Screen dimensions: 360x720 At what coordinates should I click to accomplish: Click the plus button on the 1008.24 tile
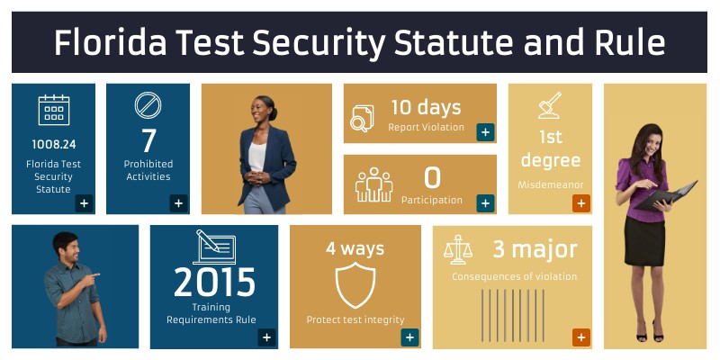84,202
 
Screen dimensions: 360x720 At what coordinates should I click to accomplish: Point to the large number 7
148,141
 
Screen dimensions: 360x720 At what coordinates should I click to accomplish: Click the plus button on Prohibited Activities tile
178,202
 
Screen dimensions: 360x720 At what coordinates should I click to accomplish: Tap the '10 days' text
426,107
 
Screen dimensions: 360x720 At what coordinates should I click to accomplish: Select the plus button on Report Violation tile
485,132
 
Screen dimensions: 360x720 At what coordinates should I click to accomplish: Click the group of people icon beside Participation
373,184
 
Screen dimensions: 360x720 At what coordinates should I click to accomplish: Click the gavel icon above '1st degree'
550,105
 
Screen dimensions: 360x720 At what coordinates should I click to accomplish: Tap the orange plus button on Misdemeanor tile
580,202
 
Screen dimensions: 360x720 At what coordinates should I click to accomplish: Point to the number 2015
214,283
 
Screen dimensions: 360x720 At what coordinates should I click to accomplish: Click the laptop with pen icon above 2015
214,246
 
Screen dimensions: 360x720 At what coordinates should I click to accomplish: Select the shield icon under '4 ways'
355,285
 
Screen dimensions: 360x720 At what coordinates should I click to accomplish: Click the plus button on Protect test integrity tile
409,337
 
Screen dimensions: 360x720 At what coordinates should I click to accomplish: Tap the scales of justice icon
458,249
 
